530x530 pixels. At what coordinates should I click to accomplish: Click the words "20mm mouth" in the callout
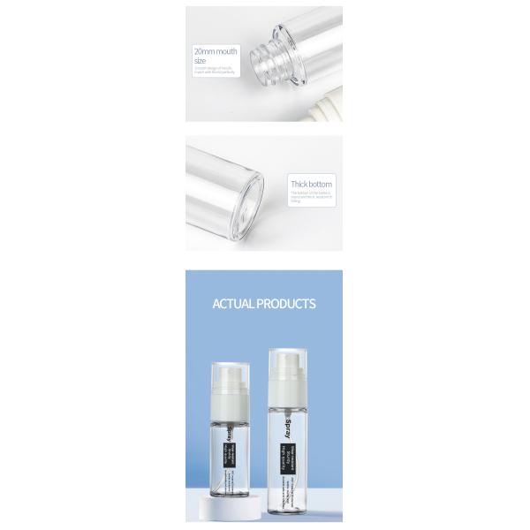216,51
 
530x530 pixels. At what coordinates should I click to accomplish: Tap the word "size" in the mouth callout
200,60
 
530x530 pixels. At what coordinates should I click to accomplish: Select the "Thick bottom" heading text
312,184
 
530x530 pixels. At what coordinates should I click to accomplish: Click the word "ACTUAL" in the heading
233,304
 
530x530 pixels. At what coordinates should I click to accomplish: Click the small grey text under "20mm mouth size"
211,69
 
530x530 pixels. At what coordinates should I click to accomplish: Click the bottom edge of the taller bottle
291,519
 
